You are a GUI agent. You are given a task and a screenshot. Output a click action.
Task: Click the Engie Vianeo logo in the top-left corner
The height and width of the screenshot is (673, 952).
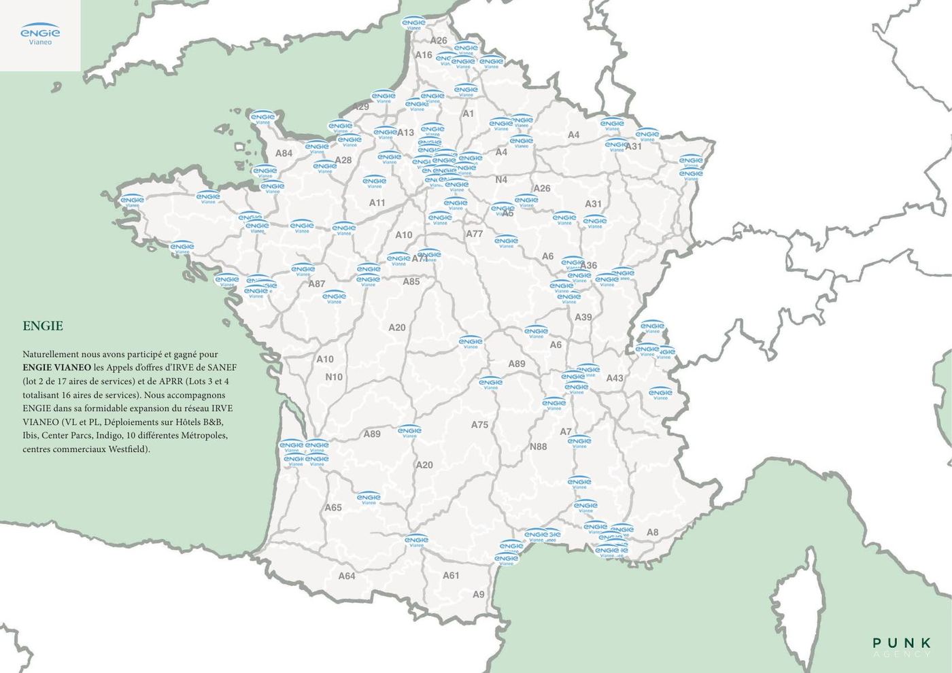pyautogui.click(x=40, y=35)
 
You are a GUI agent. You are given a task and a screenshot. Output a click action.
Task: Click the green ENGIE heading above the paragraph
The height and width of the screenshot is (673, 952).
pyautogui.click(x=43, y=326)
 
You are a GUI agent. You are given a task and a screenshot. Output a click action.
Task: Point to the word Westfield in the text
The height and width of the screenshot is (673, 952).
pyautogui.click(x=126, y=449)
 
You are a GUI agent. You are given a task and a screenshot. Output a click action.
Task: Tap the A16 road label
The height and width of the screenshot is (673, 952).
pyautogui.click(x=424, y=55)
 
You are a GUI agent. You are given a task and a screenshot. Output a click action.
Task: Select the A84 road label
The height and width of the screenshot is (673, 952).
pyautogui.click(x=284, y=154)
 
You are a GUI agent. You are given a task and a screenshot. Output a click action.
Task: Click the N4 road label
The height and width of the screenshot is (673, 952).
pyautogui.click(x=501, y=180)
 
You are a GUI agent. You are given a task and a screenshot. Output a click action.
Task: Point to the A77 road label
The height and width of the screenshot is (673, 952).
pyautogui.click(x=474, y=234)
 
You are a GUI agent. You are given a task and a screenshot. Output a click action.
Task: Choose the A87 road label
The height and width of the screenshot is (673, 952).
pyautogui.click(x=316, y=284)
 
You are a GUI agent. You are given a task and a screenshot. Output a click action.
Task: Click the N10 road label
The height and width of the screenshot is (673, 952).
pyautogui.click(x=334, y=377)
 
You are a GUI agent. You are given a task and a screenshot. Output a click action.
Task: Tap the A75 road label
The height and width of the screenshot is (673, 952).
pyautogui.click(x=479, y=425)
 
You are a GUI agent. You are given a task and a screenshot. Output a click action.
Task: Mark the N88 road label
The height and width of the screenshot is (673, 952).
pyautogui.click(x=538, y=447)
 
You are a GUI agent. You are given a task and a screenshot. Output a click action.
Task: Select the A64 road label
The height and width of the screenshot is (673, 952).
pyautogui.click(x=347, y=576)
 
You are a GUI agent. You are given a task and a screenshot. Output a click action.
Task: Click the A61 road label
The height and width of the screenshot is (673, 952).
pyautogui.click(x=451, y=576)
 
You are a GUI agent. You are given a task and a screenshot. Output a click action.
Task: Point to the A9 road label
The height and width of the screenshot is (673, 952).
pyautogui.click(x=479, y=594)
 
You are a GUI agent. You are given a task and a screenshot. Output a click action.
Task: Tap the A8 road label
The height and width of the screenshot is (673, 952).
pyautogui.click(x=652, y=532)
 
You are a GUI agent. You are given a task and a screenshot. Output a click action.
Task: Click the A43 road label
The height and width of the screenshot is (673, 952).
pyautogui.click(x=615, y=379)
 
